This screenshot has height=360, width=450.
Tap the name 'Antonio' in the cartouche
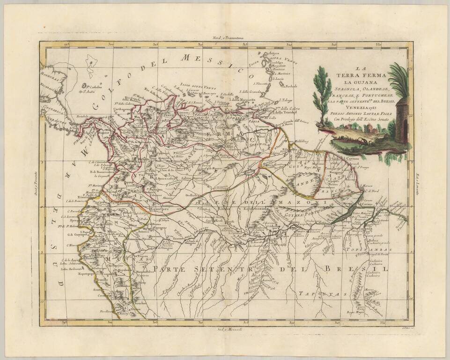[x=359, y=113]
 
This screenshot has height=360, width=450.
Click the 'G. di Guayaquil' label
[x=77, y=234]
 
